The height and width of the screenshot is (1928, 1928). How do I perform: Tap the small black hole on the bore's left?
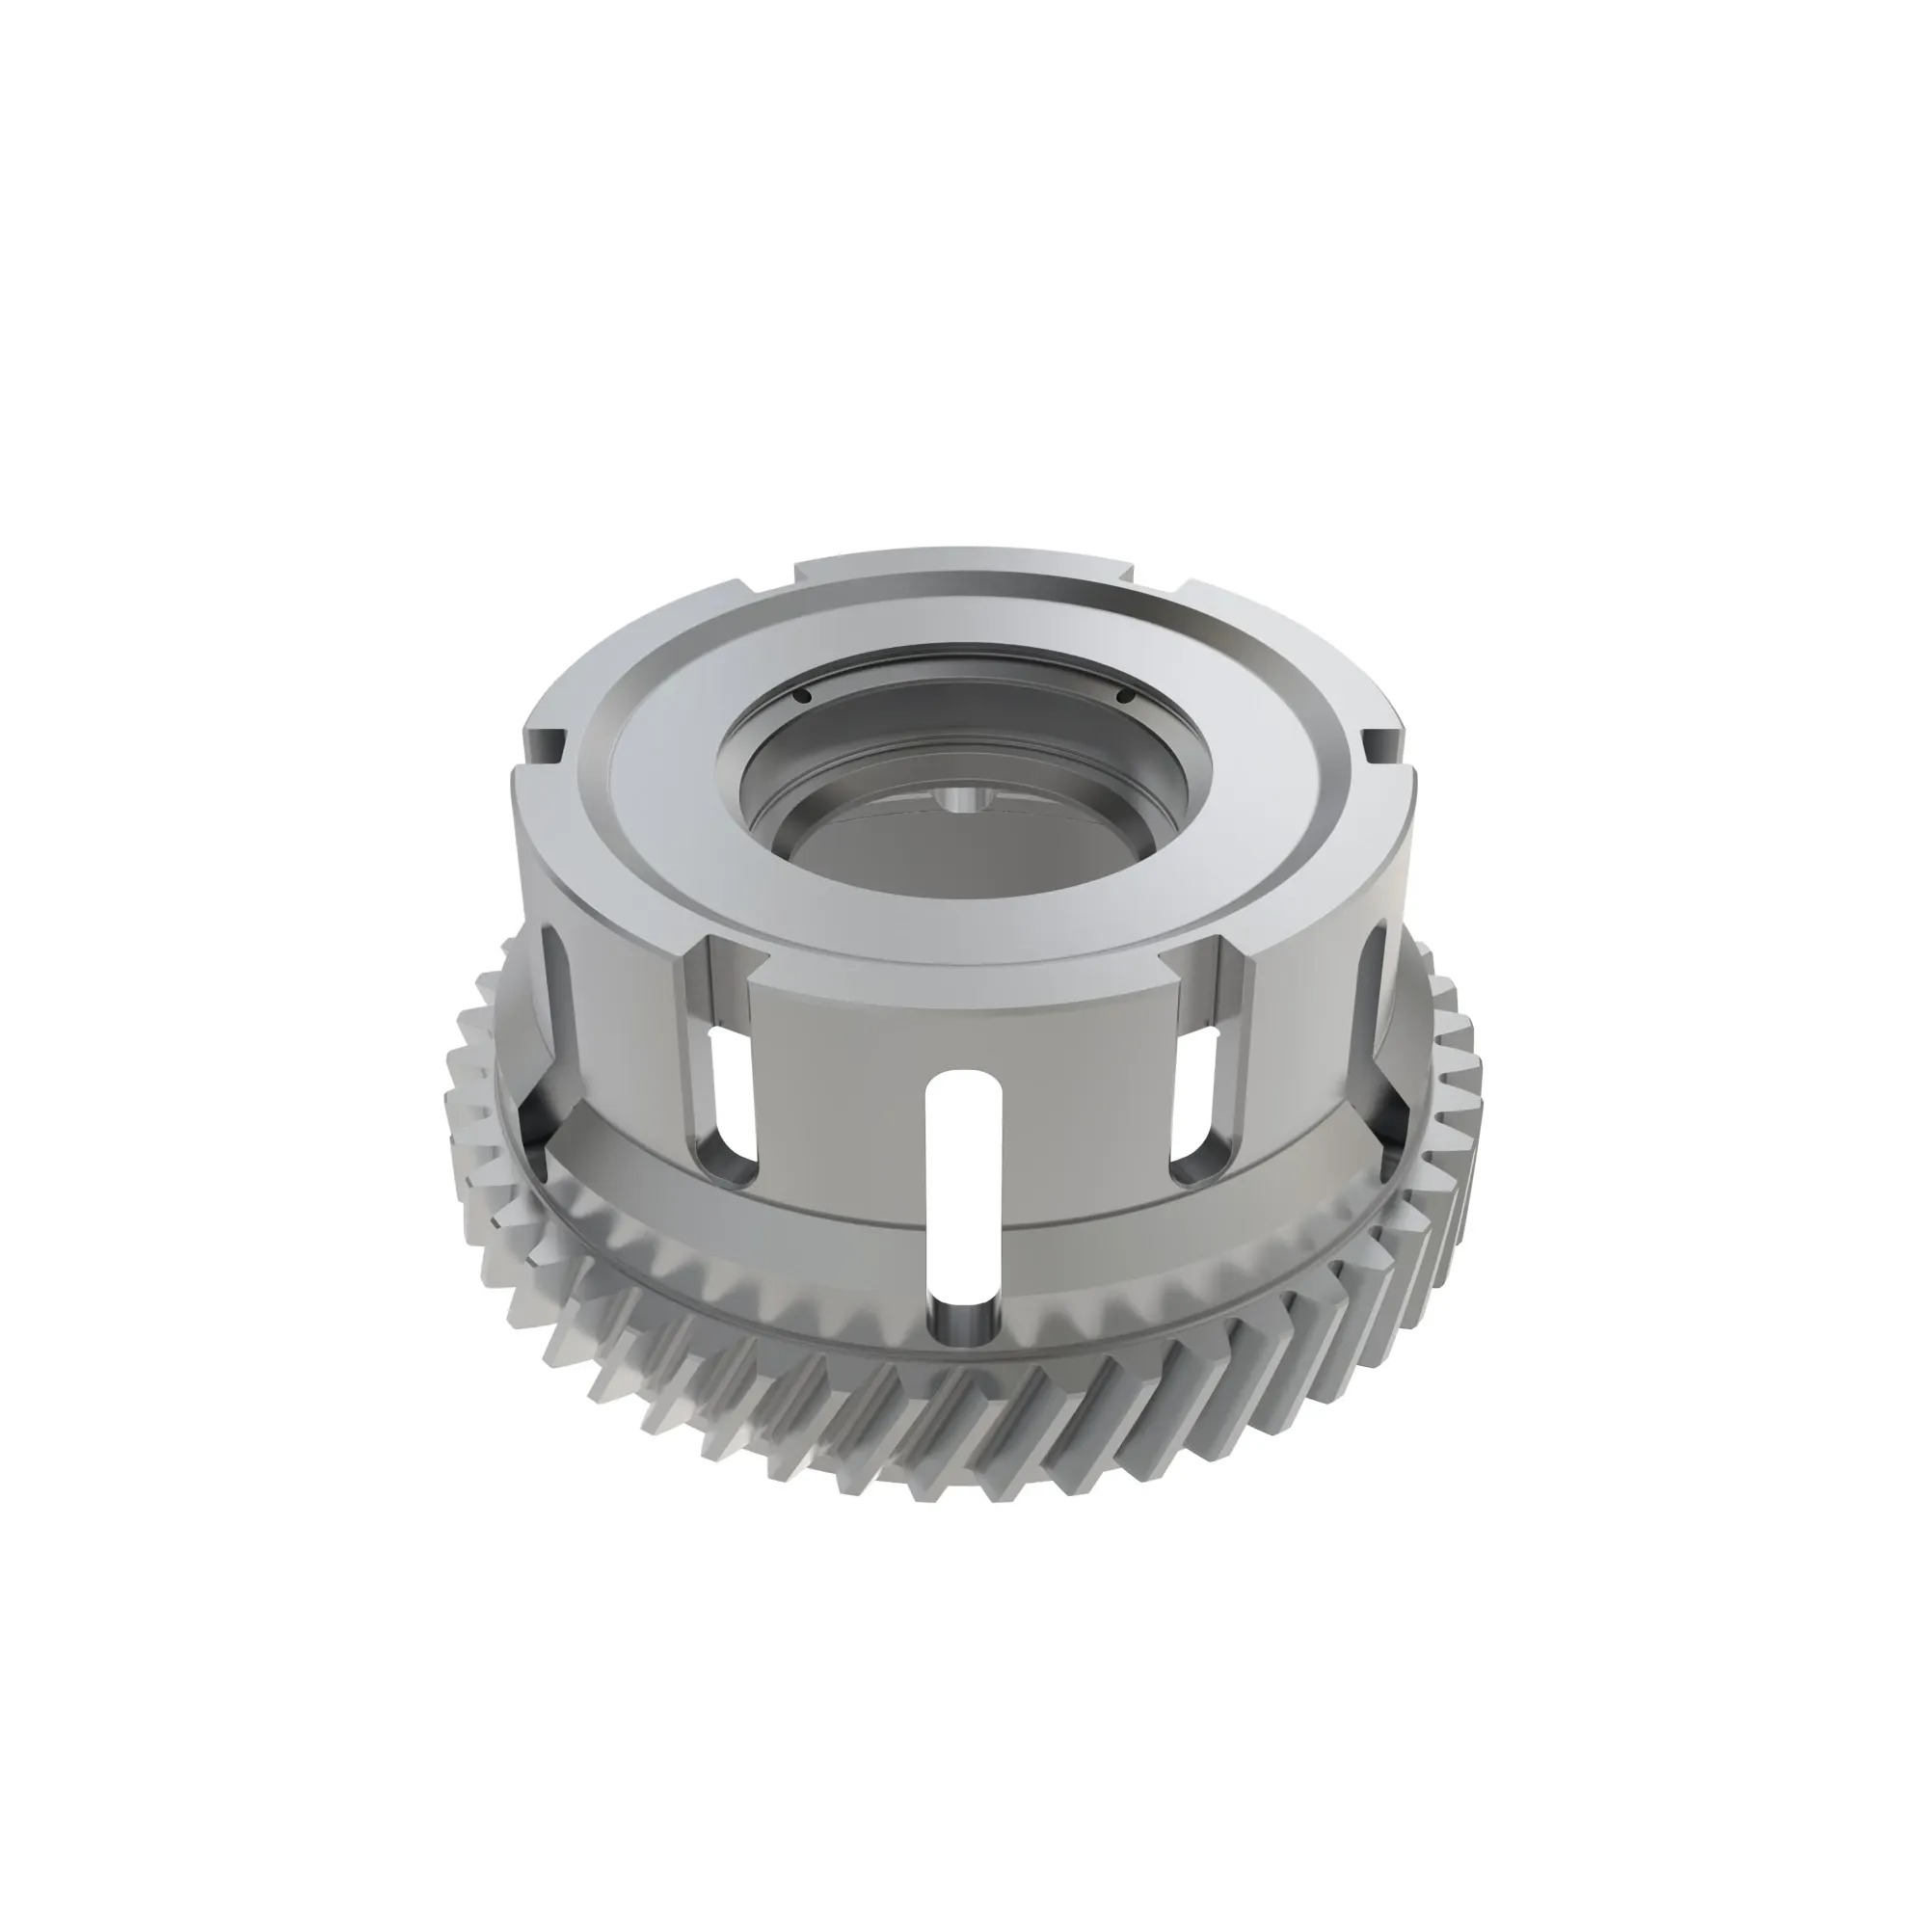tap(801, 698)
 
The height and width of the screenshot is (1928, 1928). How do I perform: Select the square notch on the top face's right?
tap(1381, 743)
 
